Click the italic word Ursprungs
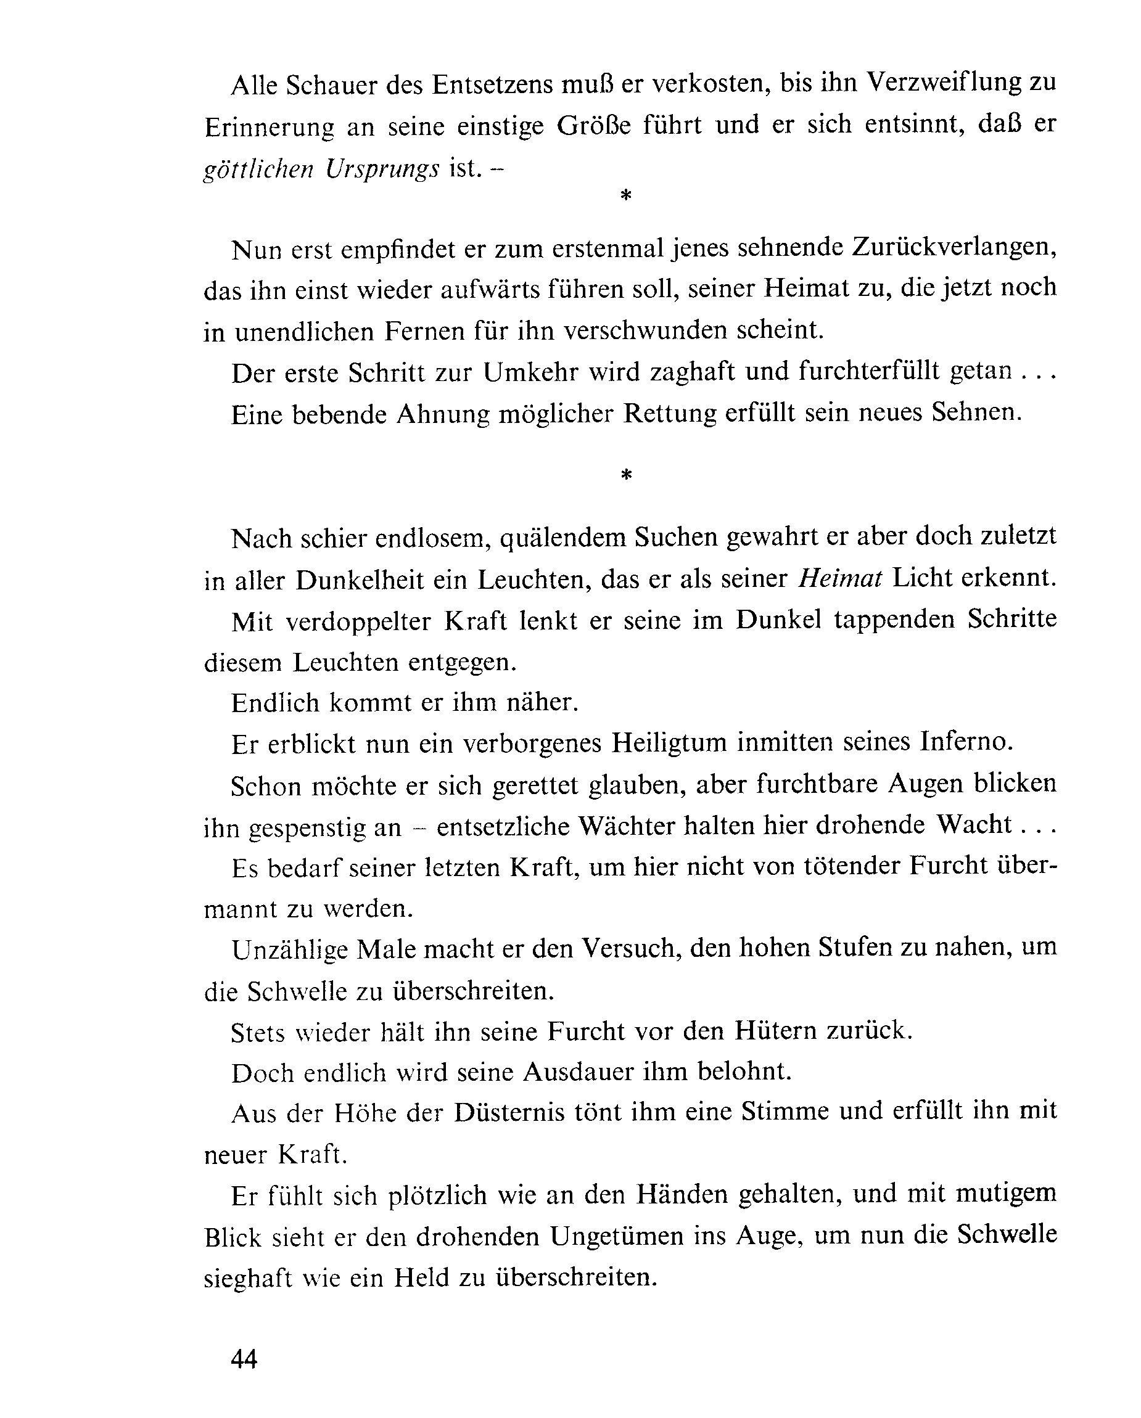pos(382,170)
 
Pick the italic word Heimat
pos(840,578)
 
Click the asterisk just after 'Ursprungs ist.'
pos(626,195)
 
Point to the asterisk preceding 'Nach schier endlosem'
pos(626,475)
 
